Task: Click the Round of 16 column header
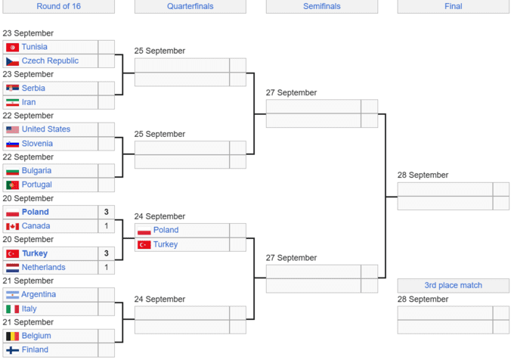[x=58, y=6]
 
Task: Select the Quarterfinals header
[x=190, y=6]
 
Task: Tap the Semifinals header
[x=322, y=6]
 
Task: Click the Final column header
[x=454, y=6]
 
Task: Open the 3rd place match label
[x=454, y=285]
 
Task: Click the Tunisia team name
[x=34, y=47]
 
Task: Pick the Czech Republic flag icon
[x=12, y=61]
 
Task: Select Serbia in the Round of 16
[x=33, y=88]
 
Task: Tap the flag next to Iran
[x=12, y=102]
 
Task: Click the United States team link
[x=45, y=129]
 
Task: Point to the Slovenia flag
[x=12, y=144]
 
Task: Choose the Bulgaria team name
[x=36, y=171]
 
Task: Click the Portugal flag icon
[x=12, y=185]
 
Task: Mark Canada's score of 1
[x=107, y=226]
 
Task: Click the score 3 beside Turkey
[x=107, y=253]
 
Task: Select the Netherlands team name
[x=43, y=267]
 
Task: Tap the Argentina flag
[x=12, y=295]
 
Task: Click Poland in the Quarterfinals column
[x=166, y=230]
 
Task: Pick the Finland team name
[x=35, y=349]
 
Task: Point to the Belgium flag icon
[x=12, y=336]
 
